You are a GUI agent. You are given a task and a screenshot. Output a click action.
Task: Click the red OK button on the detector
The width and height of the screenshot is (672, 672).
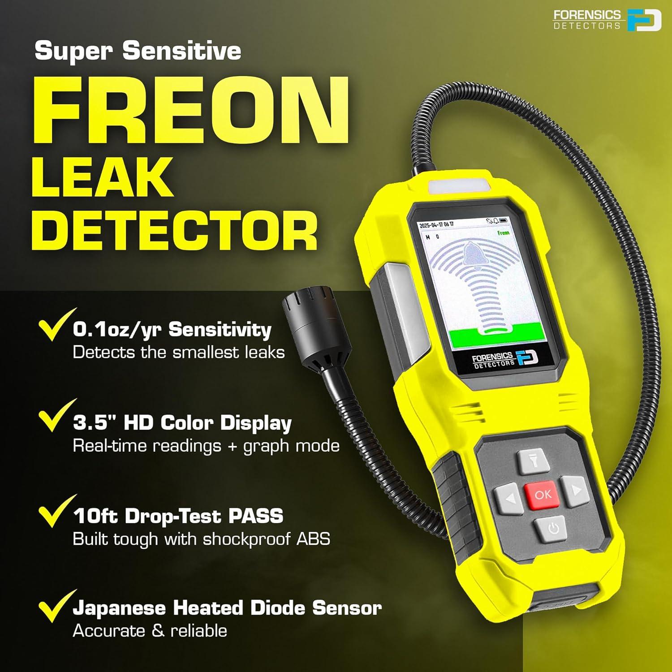pyautogui.click(x=542, y=495)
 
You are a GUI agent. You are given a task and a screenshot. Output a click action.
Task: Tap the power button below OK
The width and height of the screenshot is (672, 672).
pyautogui.click(x=553, y=529)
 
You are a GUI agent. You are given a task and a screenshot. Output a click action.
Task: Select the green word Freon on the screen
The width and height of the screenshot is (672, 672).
pyautogui.click(x=503, y=233)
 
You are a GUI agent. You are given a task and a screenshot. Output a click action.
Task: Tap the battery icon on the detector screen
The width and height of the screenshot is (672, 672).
pyautogui.click(x=504, y=220)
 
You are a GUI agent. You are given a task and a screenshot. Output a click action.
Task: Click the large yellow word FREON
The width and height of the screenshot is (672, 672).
pyautogui.click(x=190, y=111)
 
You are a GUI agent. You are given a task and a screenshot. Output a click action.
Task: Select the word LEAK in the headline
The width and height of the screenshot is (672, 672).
pyautogui.click(x=102, y=178)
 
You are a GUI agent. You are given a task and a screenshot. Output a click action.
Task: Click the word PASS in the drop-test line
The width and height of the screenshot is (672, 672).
pyautogui.click(x=256, y=516)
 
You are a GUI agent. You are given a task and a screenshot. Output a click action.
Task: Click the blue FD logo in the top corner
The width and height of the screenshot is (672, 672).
pyautogui.click(x=643, y=21)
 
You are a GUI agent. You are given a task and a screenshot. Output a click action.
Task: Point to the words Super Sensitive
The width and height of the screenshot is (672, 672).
pyautogui.click(x=138, y=51)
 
